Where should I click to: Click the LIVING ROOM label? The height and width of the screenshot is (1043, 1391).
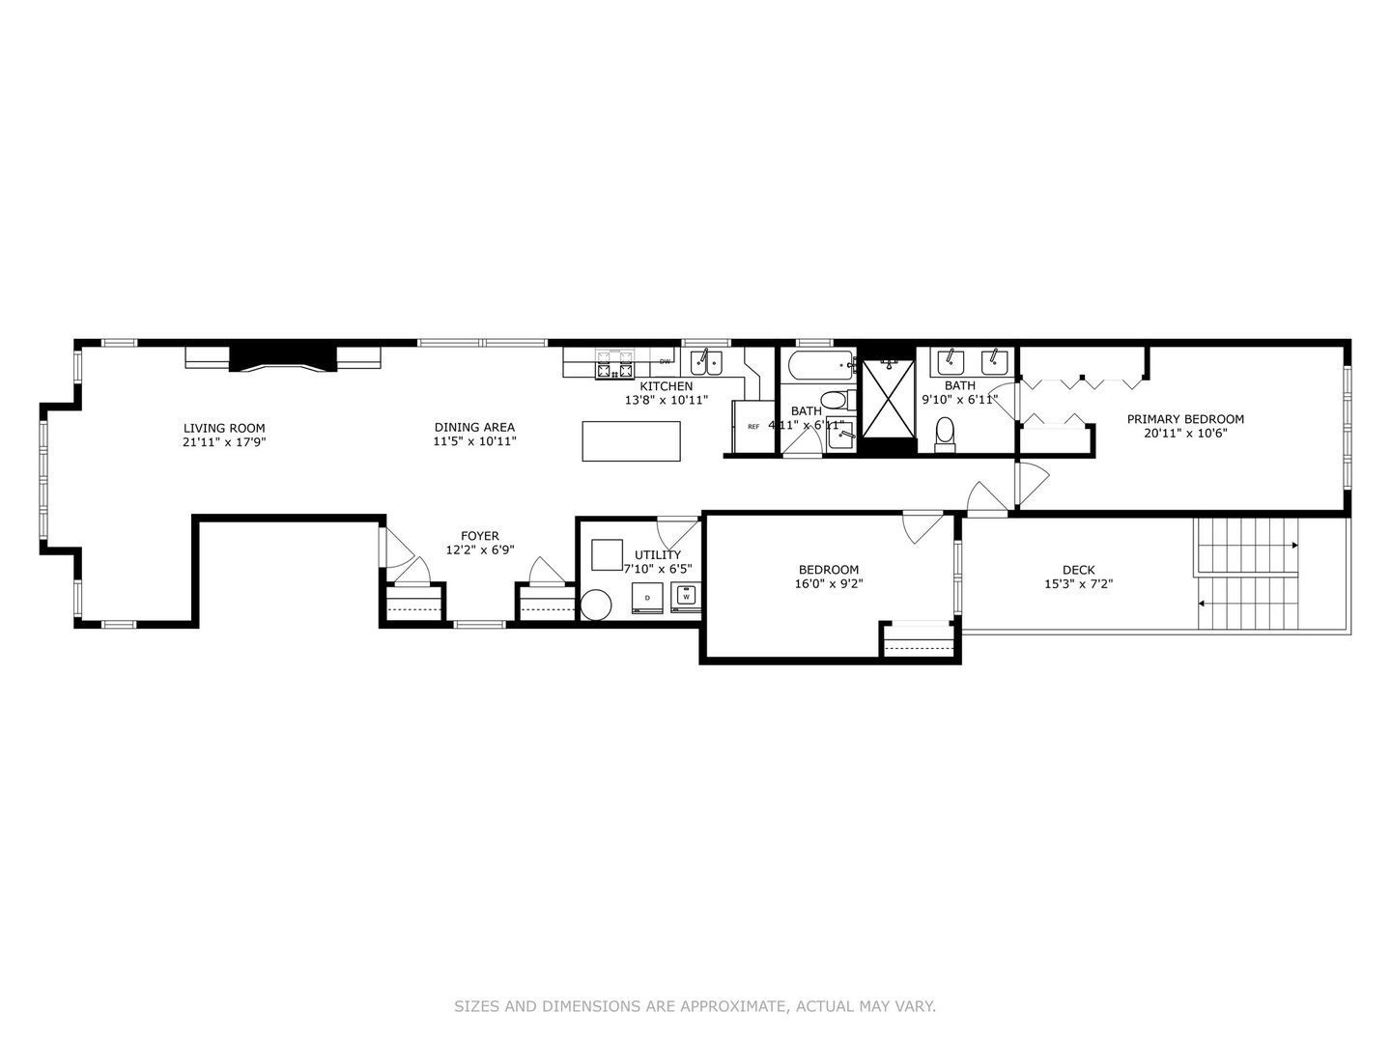pos(224,428)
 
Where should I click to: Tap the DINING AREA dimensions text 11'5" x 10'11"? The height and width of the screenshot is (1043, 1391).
pos(474,441)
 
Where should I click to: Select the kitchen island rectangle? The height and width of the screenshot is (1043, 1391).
pos(631,441)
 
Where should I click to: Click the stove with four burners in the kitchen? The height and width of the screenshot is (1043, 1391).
pos(614,366)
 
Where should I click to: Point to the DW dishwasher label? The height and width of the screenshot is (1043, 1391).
pos(665,362)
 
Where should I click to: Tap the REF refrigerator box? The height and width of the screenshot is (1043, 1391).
pos(753,426)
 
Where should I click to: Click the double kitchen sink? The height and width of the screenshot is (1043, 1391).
pos(706,363)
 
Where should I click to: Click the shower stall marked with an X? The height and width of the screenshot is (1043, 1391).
pos(888,398)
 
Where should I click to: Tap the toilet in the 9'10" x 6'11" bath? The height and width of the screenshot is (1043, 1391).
pos(945,435)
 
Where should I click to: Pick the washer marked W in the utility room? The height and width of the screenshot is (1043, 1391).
pos(687,597)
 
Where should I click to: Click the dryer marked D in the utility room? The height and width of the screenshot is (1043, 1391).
pos(647,598)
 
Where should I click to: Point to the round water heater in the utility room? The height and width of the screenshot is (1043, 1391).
pos(596,606)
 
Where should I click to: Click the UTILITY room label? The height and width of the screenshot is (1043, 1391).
pos(658,554)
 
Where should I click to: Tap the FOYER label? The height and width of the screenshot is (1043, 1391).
pos(480,536)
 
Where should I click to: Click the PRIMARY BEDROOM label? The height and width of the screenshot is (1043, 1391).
pos(1185,419)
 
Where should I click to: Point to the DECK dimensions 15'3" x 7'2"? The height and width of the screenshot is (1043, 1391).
pos(1078,583)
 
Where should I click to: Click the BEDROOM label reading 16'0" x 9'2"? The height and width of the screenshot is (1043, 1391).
pos(828,570)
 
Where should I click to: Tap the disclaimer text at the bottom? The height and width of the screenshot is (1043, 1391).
pos(695,1006)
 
